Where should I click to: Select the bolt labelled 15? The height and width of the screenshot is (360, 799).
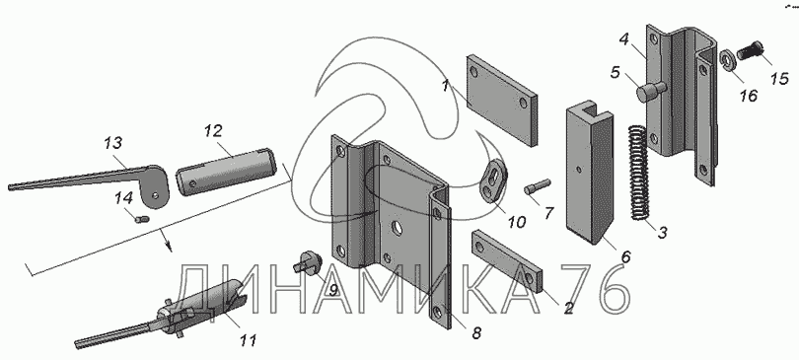point(750,50)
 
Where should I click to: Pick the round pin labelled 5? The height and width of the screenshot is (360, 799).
point(651,92)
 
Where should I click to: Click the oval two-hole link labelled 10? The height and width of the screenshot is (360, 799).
point(493,180)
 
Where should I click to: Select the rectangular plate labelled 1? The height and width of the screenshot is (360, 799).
point(501,101)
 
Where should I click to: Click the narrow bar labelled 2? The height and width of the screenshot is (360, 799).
point(509,260)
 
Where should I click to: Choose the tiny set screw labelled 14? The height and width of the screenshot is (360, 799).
point(142,220)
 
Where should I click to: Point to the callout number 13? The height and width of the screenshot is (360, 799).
point(113,143)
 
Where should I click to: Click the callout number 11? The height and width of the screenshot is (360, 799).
point(248,339)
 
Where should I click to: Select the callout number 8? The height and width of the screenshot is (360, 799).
point(475,333)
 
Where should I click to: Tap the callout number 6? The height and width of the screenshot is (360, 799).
point(625,256)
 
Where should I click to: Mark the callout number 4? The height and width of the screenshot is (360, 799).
point(625,39)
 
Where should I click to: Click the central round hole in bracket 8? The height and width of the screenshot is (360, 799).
point(397,229)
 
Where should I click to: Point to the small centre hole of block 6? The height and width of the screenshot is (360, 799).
point(579,169)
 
